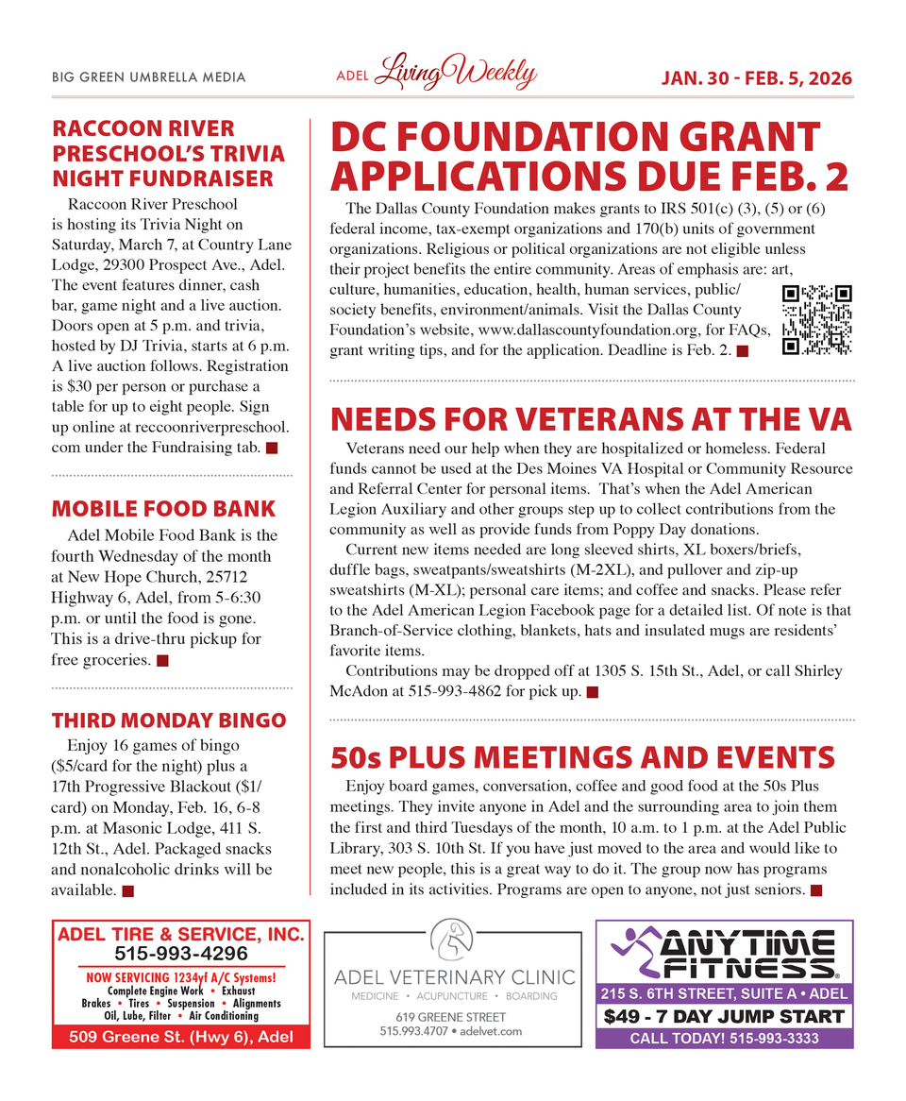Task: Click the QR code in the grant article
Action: click(x=817, y=319)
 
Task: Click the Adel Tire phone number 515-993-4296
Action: click(x=181, y=954)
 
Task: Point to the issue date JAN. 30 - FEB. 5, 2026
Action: click(x=755, y=77)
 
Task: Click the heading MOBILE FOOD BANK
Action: click(x=163, y=509)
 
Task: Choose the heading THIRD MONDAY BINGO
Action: click(x=169, y=720)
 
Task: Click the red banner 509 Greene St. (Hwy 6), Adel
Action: click(x=181, y=1037)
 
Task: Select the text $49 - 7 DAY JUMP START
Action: click(x=724, y=1017)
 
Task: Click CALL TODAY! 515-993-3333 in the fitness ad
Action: click(x=724, y=1039)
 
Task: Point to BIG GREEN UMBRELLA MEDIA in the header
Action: click(x=149, y=77)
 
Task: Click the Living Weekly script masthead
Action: click(x=456, y=75)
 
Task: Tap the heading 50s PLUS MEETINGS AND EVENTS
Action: click(x=582, y=757)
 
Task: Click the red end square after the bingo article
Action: click(x=127, y=890)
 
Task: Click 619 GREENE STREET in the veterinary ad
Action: click(x=452, y=1017)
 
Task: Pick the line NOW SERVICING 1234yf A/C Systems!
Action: click(x=181, y=977)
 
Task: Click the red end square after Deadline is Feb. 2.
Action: click(x=742, y=352)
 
